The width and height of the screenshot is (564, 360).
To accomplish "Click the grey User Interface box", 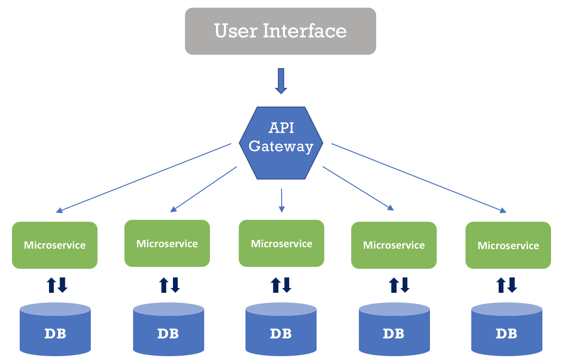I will [x=280, y=31].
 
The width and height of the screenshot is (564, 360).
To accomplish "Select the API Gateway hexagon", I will [x=281, y=143].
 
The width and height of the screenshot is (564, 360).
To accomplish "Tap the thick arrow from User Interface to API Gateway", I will [x=281, y=81].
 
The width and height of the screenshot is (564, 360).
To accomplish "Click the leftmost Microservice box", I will [x=55, y=245].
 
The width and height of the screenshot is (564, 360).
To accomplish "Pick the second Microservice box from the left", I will [x=167, y=243].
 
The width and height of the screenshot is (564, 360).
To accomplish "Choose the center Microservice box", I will [x=281, y=243].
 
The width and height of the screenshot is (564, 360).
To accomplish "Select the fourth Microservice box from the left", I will [x=393, y=245].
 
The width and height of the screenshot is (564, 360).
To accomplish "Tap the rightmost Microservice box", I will [x=508, y=245].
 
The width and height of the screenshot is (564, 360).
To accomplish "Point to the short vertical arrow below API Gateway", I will [x=282, y=200].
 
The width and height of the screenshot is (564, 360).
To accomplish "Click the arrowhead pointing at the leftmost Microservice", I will [x=60, y=210].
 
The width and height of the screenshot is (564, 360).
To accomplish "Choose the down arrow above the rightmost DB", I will [x=512, y=285].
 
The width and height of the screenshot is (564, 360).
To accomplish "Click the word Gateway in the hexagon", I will [x=281, y=146].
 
